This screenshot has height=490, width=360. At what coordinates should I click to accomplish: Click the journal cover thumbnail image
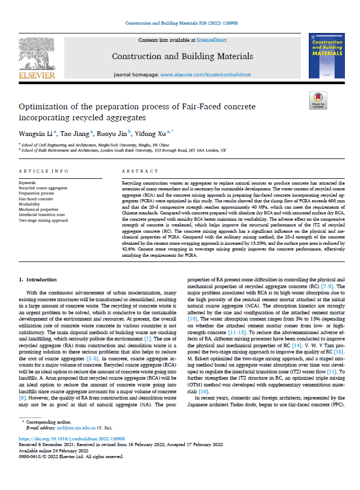(326, 55)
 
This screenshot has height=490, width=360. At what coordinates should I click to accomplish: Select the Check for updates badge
(318, 100)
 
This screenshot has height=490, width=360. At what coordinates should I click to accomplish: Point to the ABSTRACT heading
(140, 172)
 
